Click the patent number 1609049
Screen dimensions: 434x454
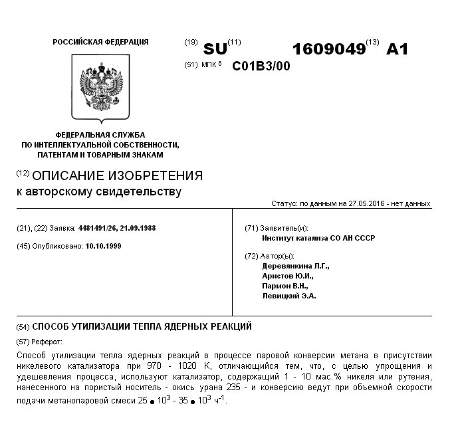[328, 49]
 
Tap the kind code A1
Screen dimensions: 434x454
[397, 49]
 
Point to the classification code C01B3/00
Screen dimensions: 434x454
[261, 66]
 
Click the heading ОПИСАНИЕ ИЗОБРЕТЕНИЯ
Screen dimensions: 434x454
[117, 176]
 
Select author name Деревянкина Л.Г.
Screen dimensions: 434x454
[296, 266]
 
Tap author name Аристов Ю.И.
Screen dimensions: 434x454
[288, 276]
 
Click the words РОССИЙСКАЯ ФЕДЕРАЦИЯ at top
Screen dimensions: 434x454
[100, 42]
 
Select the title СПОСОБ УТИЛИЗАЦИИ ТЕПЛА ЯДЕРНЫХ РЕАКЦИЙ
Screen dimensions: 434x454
[142, 327]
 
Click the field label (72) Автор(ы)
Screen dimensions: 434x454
[269, 256]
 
